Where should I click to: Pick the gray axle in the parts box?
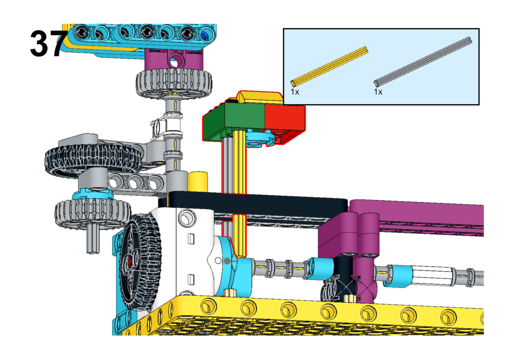tap(423, 62)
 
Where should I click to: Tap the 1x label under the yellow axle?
tap(295, 92)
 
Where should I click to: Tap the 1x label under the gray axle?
tap(378, 92)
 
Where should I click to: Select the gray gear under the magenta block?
tap(174, 83)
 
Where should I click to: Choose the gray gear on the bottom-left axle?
tap(93, 212)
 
